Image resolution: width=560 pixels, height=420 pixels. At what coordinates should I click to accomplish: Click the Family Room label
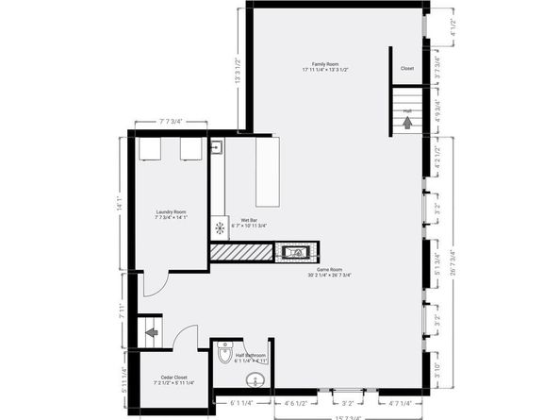[326, 66]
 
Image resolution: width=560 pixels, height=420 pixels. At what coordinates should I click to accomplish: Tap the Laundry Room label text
[171, 214]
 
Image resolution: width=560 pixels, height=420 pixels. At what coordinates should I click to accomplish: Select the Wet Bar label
[249, 223]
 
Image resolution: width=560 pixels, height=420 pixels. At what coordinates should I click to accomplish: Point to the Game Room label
[326, 272]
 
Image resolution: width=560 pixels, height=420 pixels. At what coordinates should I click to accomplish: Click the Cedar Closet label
[173, 378]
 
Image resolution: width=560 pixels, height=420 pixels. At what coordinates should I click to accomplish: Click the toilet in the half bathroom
[223, 354]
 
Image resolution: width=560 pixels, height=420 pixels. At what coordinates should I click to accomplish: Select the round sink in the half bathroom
[254, 382]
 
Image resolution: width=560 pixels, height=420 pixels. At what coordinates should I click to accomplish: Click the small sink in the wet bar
[216, 146]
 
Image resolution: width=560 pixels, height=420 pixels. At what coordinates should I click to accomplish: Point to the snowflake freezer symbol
[220, 227]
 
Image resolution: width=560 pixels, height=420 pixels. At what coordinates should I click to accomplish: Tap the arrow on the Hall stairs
[408, 121]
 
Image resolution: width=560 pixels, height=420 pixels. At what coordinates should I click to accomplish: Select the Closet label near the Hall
[407, 68]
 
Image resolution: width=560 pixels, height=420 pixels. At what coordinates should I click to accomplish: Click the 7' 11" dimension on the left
[122, 311]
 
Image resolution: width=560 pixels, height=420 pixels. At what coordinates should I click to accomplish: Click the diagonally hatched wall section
[241, 252]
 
